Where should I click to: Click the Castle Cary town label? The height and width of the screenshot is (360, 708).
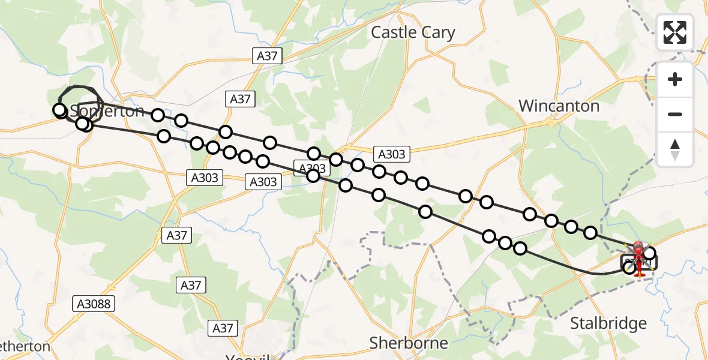point(413,32)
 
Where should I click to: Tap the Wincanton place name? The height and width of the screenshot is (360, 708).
point(559,106)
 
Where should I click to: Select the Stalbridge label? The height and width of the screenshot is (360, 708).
point(608,324)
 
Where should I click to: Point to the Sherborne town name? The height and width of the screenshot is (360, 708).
point(409,343)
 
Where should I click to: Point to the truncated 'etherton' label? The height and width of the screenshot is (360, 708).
point(25,347)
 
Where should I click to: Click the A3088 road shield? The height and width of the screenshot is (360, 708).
point(94,304)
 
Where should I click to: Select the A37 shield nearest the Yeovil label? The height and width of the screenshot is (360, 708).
point(223,328)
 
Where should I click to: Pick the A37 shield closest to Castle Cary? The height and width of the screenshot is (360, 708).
point(266,56)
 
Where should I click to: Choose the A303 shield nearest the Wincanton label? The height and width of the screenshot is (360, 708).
point(392,154)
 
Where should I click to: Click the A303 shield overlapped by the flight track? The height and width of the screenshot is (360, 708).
point(311,169)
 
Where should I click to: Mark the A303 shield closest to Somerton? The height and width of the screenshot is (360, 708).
point(205,178)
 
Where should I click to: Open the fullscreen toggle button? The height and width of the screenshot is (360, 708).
point(675,32)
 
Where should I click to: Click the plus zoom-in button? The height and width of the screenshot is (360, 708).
point(675,79)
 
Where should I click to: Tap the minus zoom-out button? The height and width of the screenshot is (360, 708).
point(675,114)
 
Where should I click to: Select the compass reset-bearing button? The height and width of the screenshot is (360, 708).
point(675,149)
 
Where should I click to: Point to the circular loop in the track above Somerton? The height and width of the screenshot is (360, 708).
point(79,99)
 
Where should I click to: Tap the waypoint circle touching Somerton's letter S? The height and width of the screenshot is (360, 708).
point(60,110)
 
